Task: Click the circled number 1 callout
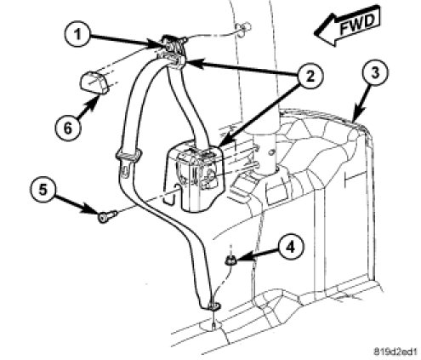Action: tap(77, 35)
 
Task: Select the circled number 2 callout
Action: tap(310, 77)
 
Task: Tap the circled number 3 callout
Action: tap(375, 73)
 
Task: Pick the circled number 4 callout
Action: tap(290, 248)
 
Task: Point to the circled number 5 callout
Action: tap(43, 190)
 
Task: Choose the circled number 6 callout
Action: tap(68, 128)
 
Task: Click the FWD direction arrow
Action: tap(347, 25)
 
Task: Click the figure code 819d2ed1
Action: tap(395, 351)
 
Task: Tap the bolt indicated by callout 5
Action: tap(107, 216)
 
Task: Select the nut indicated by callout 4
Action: tap(230, 260)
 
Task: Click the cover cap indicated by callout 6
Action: tap(93, 83)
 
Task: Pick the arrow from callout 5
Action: tap(76, 204)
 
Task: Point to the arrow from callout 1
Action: tap(126, 40)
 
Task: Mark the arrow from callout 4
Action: tap(255, 255)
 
